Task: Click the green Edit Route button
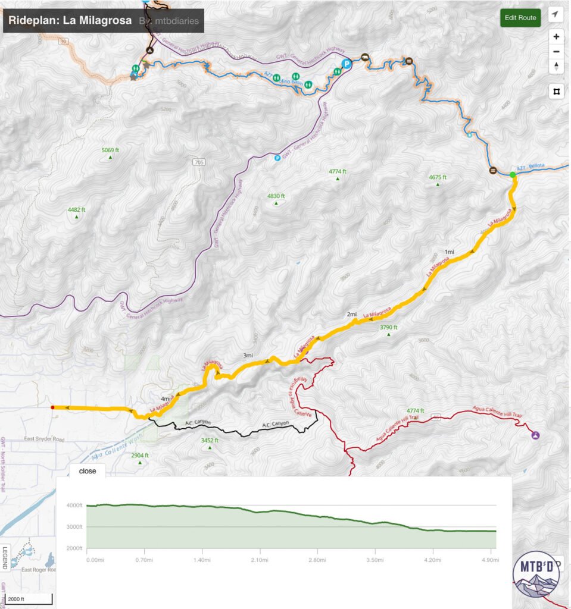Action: click(520, 17)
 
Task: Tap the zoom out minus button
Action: click(556, 51)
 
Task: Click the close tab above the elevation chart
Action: click(88, 470)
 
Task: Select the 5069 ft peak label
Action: click(110, 150)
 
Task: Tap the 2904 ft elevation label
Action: click(139, 456)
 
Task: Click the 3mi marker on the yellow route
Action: click(248, 356)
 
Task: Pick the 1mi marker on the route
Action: click(450, 252)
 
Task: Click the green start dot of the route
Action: click(512, 174)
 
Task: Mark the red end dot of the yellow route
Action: click(52, 407)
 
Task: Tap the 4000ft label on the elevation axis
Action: click(75, 506)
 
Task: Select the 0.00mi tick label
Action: click(95, 560)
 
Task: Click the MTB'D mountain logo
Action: click(535, 576)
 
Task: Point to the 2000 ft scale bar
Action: click(27, 599)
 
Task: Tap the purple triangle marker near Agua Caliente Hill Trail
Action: click(535, 435)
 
